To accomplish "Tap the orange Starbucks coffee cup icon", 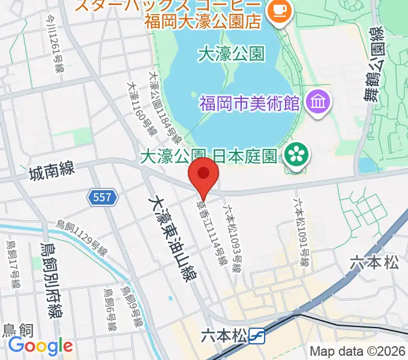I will tap(278, 10).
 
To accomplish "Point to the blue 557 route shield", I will tap(102, 197).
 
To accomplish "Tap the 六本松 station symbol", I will tap(257, 336).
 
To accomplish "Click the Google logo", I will tap(40, 346).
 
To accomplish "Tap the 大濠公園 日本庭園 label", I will tap(208, 156).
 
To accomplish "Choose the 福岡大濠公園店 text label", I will tap(204, 23).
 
